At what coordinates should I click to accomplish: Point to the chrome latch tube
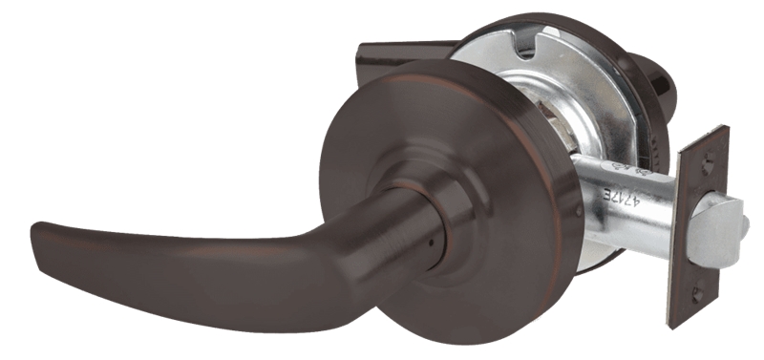tap(621, 205)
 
